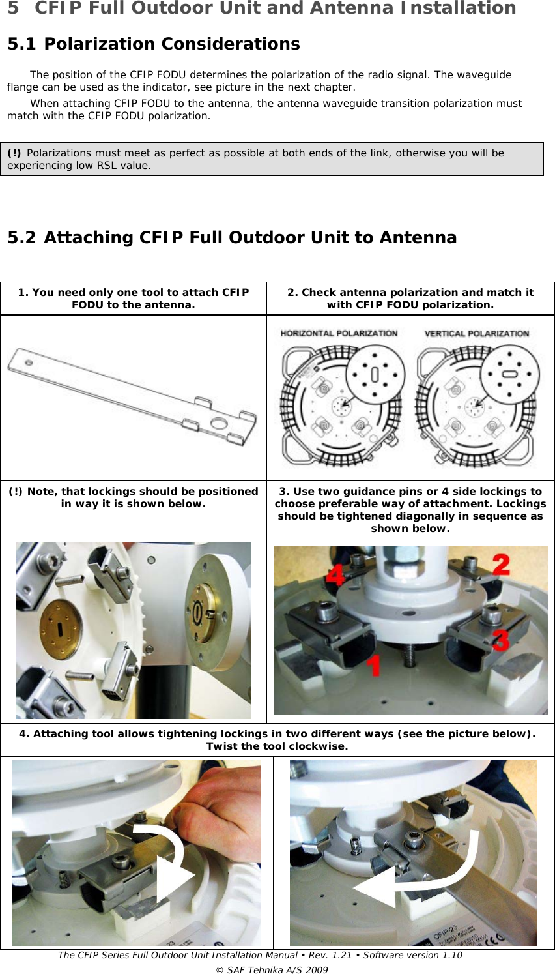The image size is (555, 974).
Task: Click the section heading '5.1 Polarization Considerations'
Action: pos(153,44)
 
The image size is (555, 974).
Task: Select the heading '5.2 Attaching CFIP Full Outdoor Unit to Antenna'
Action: pos(232,237)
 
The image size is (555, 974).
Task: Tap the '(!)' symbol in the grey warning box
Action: pos(14,153)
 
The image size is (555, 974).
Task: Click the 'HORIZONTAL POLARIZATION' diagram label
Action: pos(339,333)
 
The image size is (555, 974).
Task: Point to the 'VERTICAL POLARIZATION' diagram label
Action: pos(476,333)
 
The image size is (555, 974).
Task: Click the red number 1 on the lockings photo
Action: pos(373,666)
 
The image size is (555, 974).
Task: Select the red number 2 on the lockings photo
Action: pos(500,565)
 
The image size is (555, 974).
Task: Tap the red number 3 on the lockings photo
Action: pos(500,640)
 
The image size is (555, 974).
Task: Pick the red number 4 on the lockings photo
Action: pos(335,576)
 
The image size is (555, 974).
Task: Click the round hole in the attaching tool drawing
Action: pos(218,424)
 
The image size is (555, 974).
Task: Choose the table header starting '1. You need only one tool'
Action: pos(134,299)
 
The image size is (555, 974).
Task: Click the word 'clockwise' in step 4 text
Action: pos(319,746)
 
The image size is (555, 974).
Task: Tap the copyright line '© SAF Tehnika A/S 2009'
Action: pos(272,969)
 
